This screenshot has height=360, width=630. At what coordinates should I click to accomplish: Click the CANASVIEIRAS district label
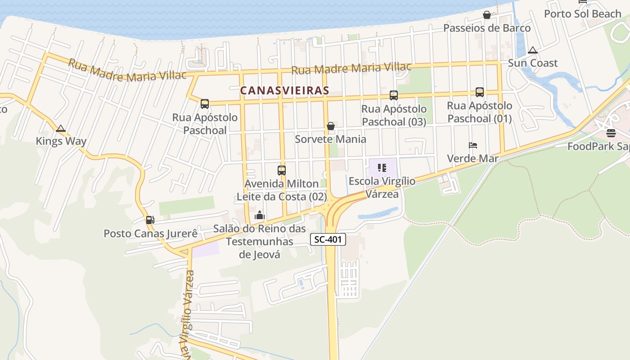point(284,90)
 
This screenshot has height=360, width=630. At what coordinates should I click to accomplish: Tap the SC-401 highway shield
point(328,239)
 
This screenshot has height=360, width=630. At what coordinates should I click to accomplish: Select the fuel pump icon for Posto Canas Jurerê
point(150,220)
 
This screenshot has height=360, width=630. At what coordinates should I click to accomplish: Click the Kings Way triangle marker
point(61,129)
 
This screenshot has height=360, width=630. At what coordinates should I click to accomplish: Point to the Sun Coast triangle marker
point(533,50)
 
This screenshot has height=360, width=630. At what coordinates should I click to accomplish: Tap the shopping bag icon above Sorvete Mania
point(331,126)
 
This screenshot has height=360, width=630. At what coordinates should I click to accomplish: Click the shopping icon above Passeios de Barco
point(486,15)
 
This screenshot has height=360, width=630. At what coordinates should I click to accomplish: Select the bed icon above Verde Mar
point(472,145)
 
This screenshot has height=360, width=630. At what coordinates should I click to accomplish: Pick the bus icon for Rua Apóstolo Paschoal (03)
point(394,95)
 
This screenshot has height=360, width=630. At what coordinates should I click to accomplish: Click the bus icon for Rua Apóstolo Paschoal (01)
point(480,92)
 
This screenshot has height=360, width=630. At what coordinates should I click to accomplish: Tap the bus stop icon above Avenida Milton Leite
point(282,171)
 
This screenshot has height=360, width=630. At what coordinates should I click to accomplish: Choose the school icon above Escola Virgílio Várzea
point(382,168)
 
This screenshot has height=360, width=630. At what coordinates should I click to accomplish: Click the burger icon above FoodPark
point(611,133)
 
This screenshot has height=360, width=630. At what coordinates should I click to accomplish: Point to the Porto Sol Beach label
point(582,14)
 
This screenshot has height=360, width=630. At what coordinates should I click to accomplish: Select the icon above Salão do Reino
point(259,216)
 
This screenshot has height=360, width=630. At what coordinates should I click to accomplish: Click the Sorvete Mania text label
point(330,139)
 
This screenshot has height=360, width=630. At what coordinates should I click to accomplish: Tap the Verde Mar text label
point(472,158)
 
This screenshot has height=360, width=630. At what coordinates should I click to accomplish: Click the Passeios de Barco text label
point(487,28)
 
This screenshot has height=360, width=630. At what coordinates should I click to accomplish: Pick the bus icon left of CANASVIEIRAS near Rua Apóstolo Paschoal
point(205,104)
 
